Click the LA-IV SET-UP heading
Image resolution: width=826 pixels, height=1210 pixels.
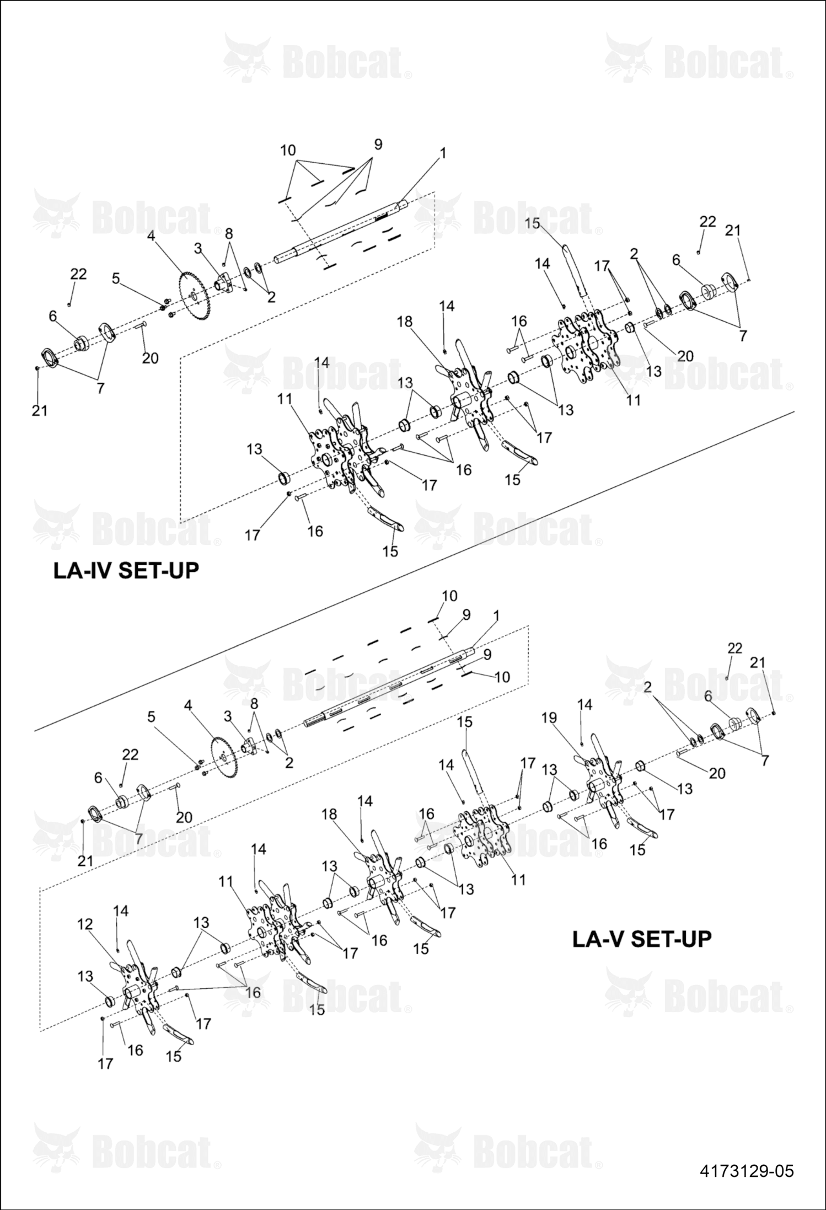(x=126, y=570)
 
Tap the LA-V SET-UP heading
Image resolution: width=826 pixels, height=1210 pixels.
(x=642, y=938)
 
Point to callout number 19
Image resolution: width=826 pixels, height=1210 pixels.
(x=549, y=718)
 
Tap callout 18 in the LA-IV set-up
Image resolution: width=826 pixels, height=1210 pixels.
(x=405, y=322)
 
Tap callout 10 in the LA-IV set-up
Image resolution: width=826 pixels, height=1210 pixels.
(x=288, y=150)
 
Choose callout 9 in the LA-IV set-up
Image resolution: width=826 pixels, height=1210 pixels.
(x=378, y=144)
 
